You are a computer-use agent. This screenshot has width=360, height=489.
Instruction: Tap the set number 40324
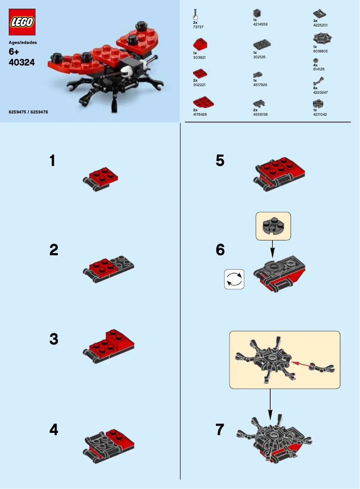click(x=22, y=63)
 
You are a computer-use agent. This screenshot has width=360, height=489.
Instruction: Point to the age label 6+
click(x=14, y=52)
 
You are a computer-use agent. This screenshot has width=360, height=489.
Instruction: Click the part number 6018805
click(x=321, y=51)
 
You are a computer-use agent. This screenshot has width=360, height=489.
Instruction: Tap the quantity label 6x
click(x=315, y=88)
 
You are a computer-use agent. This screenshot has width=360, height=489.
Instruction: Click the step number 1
click(x=53, y=161)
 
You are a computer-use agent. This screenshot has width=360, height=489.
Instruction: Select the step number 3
click(x=54, y=340)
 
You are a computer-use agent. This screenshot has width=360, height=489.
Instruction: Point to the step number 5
click(x=220, y=161)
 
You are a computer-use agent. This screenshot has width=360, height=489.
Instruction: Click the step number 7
click(x=220, y=430)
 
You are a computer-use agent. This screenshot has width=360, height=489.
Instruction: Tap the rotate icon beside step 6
click(x=234, y=279)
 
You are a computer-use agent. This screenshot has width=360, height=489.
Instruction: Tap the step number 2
click(x=54, y=250)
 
